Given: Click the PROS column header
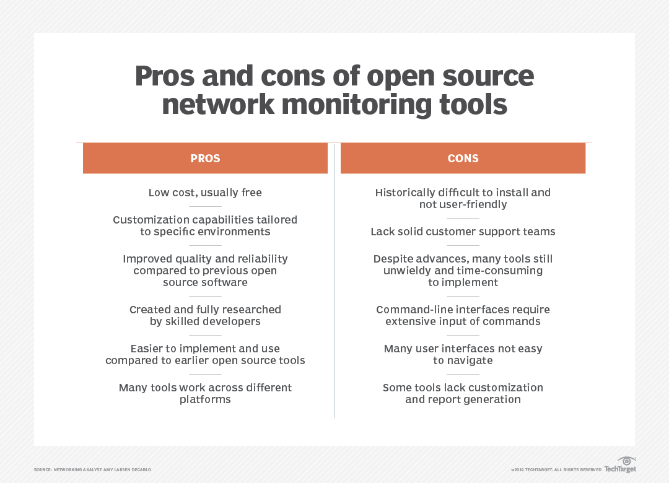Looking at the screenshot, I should (205, 159).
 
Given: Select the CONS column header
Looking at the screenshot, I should (463, 159).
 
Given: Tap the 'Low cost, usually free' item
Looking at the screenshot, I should (205, 193).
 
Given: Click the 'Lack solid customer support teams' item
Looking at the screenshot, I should (463, 232).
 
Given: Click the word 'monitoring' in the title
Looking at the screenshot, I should (358, 103).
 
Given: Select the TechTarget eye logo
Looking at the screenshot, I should (626, 461).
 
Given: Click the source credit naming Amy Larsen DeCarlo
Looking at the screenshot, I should (92, 470).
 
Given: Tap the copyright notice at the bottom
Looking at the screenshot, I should (556, 470).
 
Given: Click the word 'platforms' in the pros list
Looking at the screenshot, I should (205, 399).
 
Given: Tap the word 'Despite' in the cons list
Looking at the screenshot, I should (394, 259).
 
